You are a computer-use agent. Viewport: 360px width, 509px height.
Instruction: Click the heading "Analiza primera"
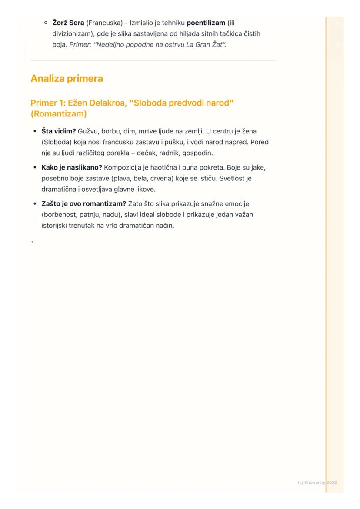tap(67, 79)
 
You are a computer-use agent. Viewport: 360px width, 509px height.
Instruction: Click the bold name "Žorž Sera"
tap(68, 23)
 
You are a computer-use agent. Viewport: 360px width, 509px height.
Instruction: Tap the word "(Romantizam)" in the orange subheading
tap(58, 114)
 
